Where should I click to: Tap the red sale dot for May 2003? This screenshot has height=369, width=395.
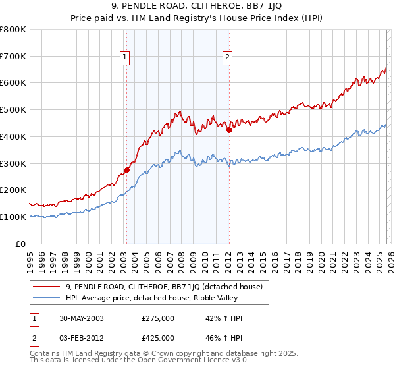pyautogui.click(x=126, y=170)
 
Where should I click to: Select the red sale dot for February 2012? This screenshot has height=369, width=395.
pyautogui.click(x=229, y=130)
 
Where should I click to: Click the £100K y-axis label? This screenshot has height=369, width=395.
pyautogui.click(x=13, y=217)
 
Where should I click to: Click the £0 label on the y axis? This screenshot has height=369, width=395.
pyautogui.click(x=22, y=244)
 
